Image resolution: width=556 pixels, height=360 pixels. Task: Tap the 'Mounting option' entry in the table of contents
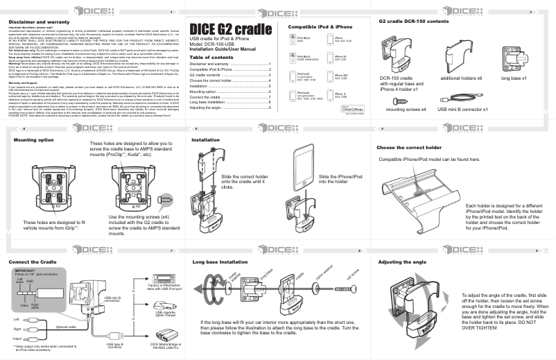tap(206, 91)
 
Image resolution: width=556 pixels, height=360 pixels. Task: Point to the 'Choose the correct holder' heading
tap(408, 148)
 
